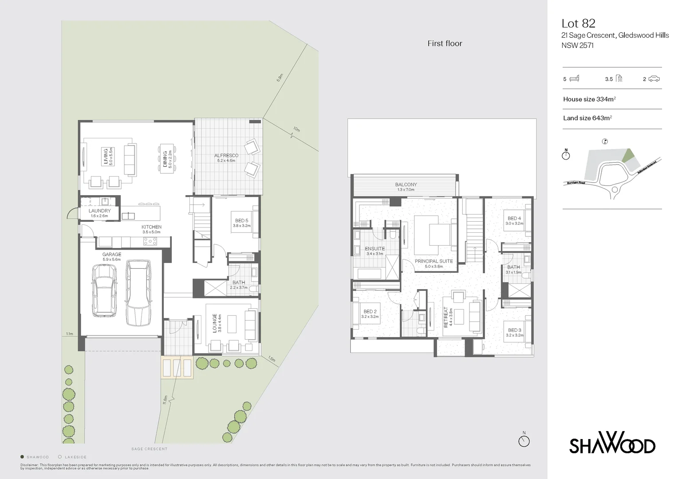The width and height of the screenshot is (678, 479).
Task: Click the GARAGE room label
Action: pos(111,255)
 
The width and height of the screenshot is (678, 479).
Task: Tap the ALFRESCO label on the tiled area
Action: pos(226,156)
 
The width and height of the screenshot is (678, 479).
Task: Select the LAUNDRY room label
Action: pos(99,211)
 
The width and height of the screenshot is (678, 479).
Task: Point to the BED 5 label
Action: pos(241,220)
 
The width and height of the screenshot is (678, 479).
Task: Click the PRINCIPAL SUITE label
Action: pos(434,261)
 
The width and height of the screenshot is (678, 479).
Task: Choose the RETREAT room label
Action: pos(446,318)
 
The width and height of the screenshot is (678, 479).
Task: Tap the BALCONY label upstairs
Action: pos(406,185)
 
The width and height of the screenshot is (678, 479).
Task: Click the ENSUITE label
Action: pos(374,249)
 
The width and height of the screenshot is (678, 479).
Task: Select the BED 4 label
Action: pos(514,218)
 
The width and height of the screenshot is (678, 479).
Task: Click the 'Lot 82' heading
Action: pos(578,23)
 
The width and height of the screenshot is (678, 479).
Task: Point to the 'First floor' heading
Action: pos(445,43)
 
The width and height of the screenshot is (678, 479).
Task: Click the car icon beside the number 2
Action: pos(654,79)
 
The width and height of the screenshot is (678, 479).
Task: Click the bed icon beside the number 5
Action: pos(574,79)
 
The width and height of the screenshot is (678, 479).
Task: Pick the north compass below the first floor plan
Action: pos(524,441)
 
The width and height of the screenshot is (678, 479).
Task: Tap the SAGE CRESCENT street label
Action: pos(150,449)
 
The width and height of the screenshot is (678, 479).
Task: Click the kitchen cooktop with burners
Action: pos(150,241)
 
